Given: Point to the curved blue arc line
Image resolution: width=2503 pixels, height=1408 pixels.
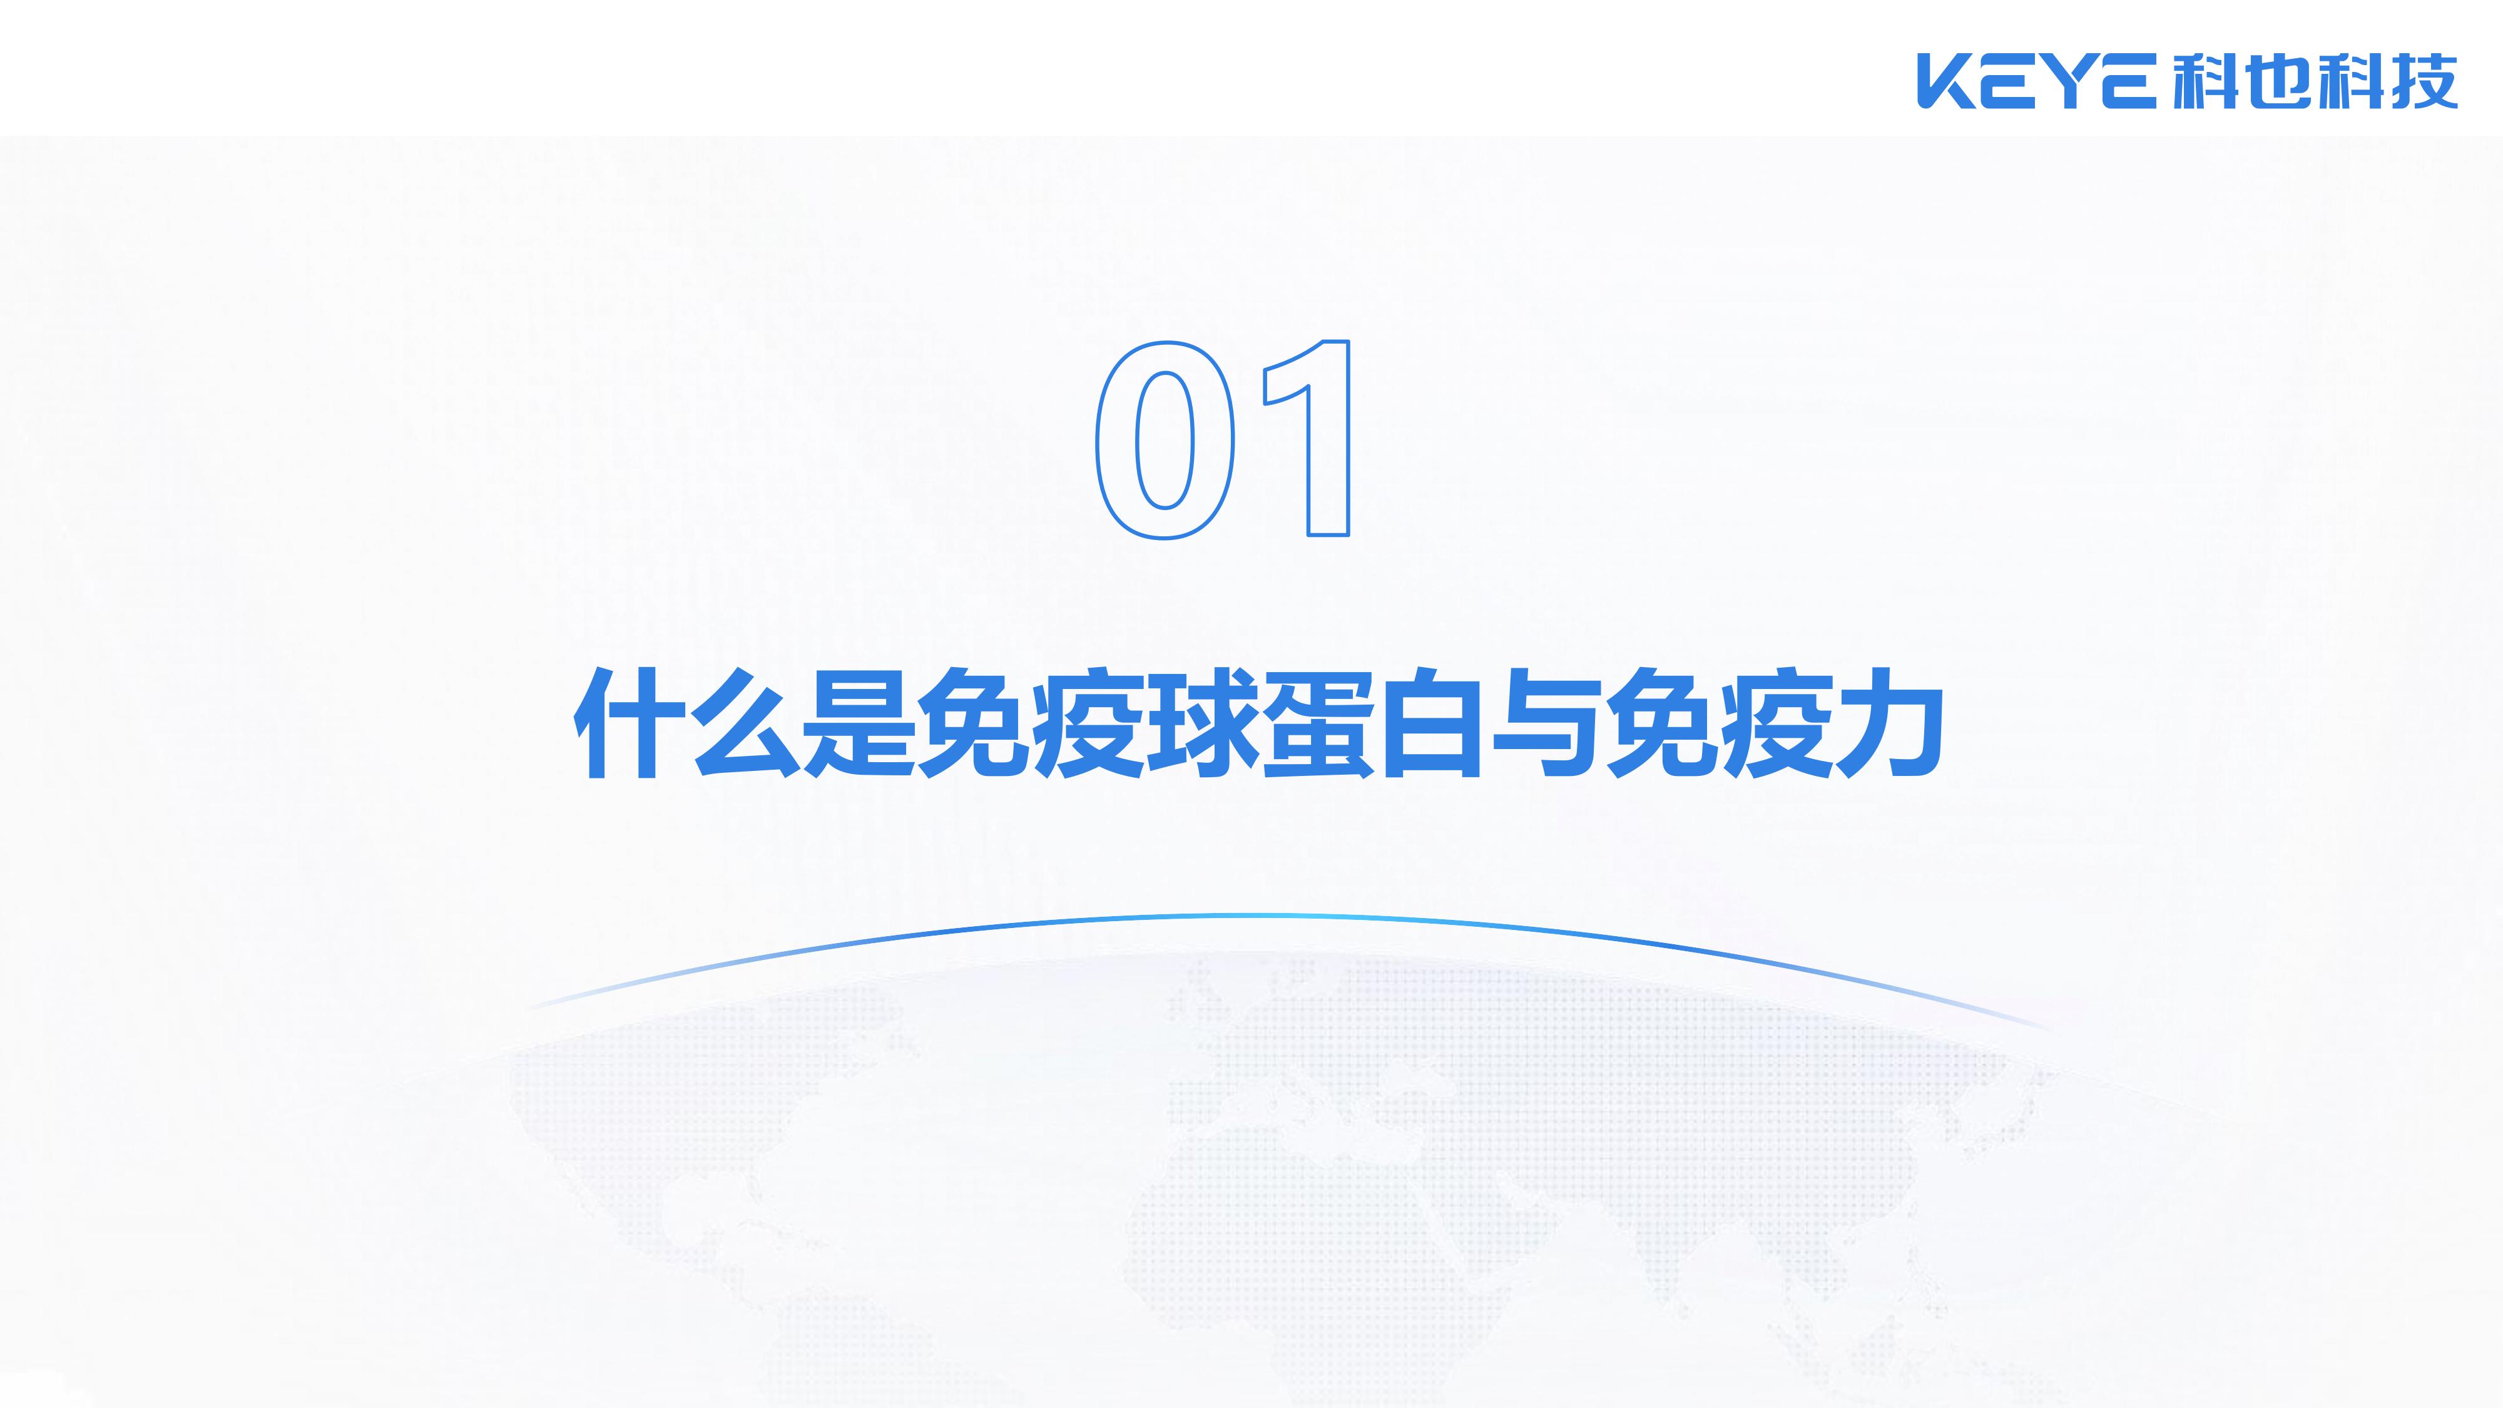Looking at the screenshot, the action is [x=1263, y=916].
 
